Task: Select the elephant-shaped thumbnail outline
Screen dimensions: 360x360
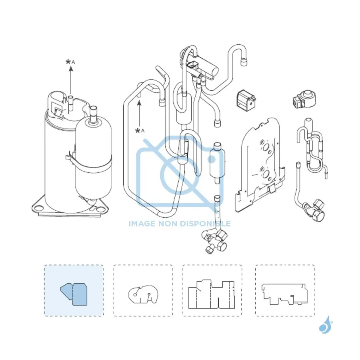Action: (x=143, y=294)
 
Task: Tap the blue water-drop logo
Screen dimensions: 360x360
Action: (x=326, y=325)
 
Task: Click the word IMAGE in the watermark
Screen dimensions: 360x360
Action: (x=142, y=223)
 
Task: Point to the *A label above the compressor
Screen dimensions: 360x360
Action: (x=70, y=62)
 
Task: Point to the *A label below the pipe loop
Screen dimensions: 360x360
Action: (x=140, y=131)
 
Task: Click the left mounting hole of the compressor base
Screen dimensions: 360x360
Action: (x=38, y=208)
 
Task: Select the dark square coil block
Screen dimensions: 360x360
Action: (x=246, y=100)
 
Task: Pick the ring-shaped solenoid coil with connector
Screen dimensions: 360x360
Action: (x=304, y=99)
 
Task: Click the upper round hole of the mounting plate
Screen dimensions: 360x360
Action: (x=266, y=147)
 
